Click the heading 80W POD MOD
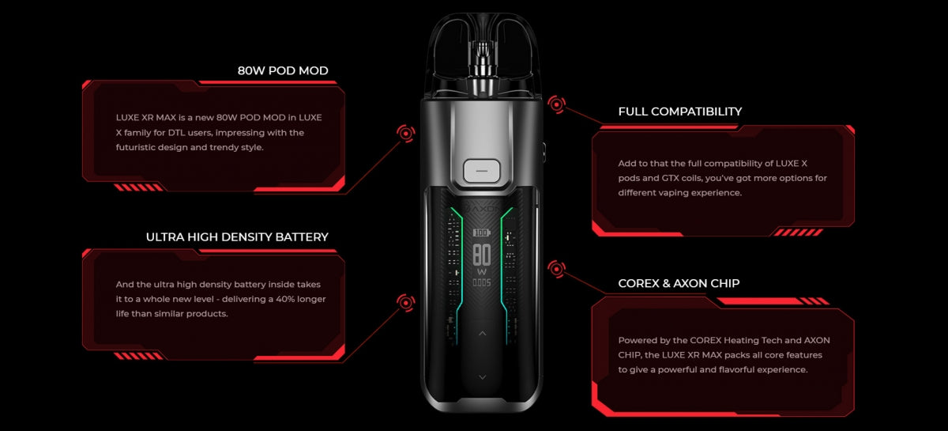[283, 70]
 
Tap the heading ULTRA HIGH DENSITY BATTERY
[237, 236]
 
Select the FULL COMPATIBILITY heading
[679, 112]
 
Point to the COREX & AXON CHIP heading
[679, 283]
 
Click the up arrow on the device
[482, 334]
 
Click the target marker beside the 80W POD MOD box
[406, 134]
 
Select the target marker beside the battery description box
[406, 301]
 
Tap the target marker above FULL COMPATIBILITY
[556, 104]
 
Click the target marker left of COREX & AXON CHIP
[556, 270]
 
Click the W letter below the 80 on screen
[481, 271]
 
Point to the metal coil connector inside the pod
[481, 67]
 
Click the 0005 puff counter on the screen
[481, 282]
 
